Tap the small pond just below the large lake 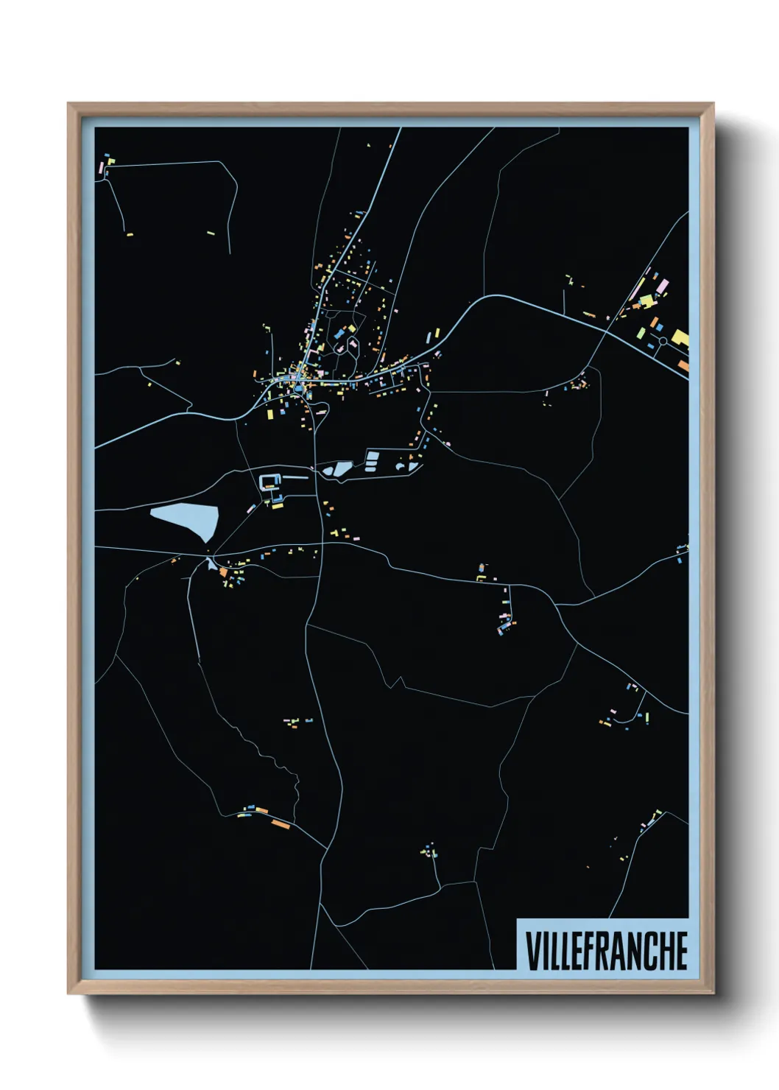click(212, 564)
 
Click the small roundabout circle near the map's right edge click(662, 341)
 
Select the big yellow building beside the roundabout click(680, 338)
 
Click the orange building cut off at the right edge click(683, 365)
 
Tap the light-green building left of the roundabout click(646, 300)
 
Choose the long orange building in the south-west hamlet click(281, 823)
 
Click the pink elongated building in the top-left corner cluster click(101, 168)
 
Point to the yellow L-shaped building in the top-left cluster click(111, 161)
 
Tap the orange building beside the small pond click(222, 572)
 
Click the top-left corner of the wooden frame click(68, 104)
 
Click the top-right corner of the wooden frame click(713, 104)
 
